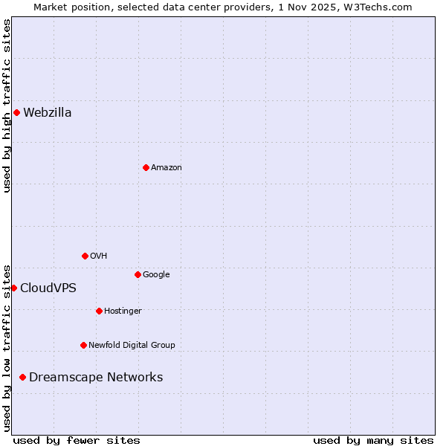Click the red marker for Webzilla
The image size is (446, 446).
point(16,113)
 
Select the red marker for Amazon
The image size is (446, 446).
point(146,167)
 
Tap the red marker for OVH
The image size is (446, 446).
point(85,256)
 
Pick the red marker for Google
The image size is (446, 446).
point(138,274)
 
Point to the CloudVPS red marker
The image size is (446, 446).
point(13,288)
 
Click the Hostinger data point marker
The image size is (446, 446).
point(99,311)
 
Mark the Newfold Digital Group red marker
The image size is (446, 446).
point(83,345)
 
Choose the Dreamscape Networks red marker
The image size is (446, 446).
point(22,378)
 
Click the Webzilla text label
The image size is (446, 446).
point(48,113)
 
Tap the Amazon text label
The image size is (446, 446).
point(167,168)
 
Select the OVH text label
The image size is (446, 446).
point(99,256)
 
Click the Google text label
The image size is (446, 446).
point(156,275)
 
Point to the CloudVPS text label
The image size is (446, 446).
point(48,288)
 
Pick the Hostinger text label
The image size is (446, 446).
point(123,311)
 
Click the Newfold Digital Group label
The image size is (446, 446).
point(132,346)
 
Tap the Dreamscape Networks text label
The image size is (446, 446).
point(96,378)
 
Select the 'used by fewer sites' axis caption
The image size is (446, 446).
point(77,441)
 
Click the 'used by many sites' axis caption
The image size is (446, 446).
point(373,441)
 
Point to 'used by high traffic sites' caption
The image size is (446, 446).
point(7,106)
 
